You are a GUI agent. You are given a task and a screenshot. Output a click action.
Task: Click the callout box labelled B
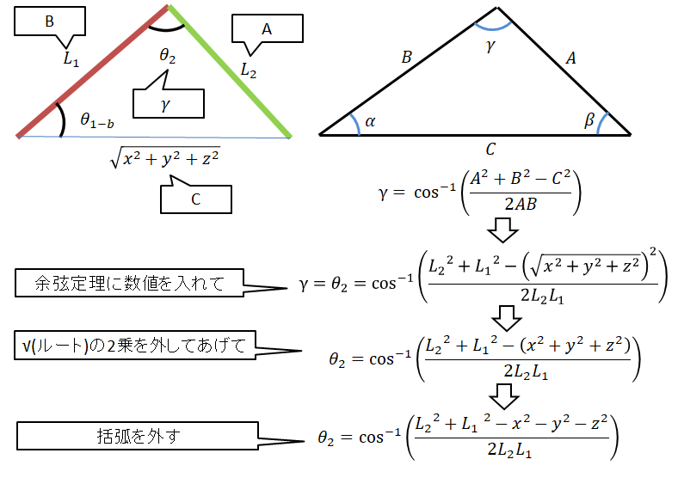50,21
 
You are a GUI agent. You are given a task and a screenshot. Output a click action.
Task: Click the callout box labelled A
267,28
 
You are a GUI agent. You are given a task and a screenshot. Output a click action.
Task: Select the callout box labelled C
196,199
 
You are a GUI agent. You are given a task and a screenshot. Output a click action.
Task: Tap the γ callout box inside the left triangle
169,104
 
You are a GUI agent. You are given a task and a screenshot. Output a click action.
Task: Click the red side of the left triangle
92,71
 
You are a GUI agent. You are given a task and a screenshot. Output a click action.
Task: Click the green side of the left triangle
230,71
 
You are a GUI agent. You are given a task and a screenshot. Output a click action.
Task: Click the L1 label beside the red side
71,58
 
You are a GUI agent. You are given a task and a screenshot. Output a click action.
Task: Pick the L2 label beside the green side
248,70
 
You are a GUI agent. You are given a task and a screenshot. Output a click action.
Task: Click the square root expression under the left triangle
165,157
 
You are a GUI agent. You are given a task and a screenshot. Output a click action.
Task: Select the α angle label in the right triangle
370,121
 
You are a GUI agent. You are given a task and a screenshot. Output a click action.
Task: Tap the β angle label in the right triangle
588,119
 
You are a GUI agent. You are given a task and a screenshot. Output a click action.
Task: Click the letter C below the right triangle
490,149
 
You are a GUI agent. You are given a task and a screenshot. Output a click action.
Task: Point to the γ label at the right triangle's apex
490,46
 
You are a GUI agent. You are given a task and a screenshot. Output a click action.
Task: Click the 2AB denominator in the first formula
521,204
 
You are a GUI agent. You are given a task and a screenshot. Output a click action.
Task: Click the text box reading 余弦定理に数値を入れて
129,284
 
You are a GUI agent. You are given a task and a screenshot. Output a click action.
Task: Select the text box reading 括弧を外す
138,436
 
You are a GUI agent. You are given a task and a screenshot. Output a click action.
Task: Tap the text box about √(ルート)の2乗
135,346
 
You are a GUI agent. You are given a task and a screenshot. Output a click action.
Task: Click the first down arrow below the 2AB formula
502,230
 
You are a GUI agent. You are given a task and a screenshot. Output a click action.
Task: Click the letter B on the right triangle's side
407,57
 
